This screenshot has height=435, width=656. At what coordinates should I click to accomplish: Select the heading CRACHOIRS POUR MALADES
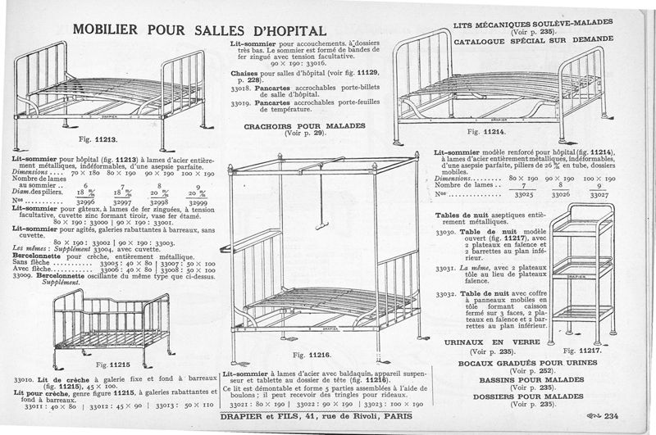[301, 125]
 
